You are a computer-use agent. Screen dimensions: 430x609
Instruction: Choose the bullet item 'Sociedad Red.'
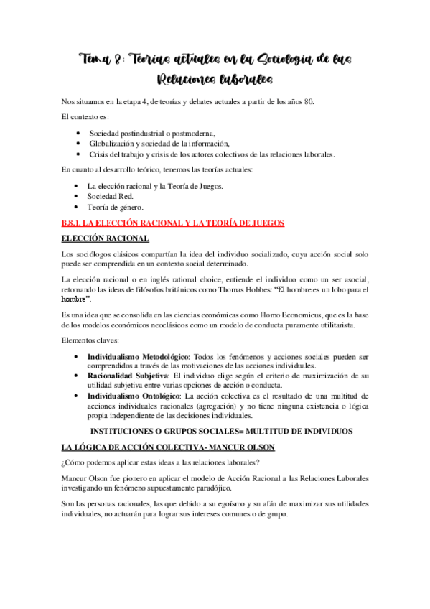(x=110, y=197)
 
